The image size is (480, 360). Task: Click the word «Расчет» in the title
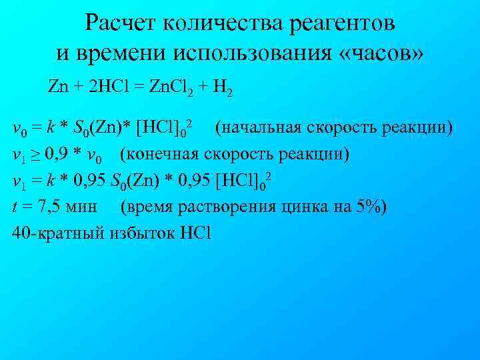click(122, 24)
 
